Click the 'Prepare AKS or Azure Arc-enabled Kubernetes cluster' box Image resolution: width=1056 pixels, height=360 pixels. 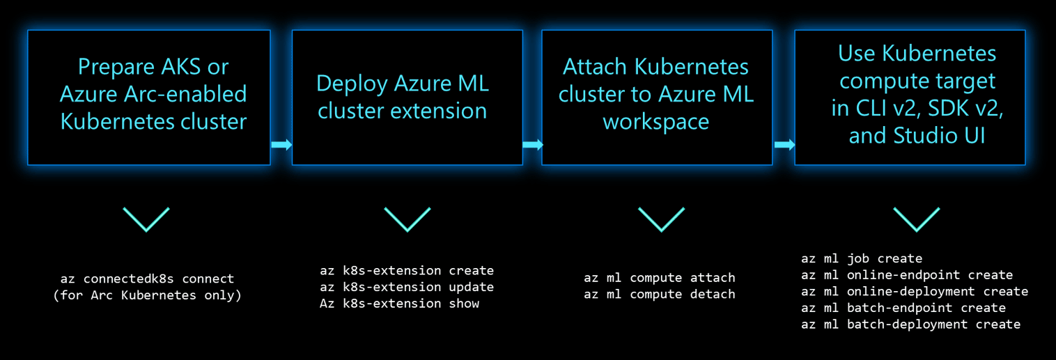(149, 97)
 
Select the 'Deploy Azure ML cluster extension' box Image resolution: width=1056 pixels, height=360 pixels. (407, 97)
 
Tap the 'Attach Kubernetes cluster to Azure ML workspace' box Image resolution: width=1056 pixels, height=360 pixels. (657, 97)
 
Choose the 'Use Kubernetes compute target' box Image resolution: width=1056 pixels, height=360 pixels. (910, 97)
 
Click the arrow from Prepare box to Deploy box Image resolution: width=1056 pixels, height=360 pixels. (281, 144)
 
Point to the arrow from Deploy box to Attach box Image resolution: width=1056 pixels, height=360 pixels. (533, 144)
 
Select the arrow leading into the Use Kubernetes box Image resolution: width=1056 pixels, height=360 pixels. (784, 144)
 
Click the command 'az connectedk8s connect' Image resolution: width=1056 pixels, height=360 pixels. (147, 279)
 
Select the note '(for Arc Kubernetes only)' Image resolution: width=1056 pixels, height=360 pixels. (147, 295)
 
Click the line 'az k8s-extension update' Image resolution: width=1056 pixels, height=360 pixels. (407, 287)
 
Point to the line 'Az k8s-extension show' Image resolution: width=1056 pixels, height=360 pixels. (399, 304)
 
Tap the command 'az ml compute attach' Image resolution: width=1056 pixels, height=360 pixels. (660, 278)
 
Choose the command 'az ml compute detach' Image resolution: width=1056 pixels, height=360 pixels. (660, 295)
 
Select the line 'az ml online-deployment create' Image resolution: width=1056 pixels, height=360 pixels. (915, 292)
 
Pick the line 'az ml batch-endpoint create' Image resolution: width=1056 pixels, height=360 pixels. (903, 308)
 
